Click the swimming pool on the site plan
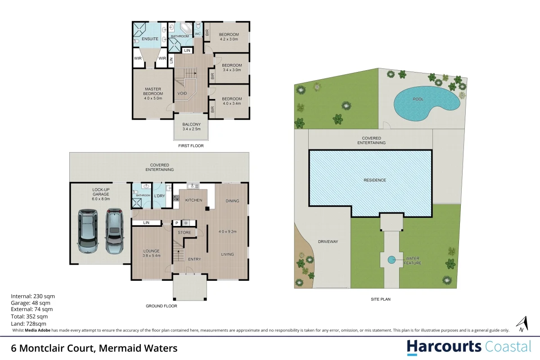425,104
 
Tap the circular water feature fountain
391,259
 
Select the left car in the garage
88,230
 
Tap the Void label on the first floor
182,94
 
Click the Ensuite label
150,39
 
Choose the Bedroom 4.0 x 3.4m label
231,101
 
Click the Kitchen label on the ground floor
194,200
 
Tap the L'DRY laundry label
159,196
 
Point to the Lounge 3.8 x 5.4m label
152,253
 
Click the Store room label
184,233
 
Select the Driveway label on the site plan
328,242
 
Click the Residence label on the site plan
375,180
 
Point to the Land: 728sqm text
29,324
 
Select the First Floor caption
191,146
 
